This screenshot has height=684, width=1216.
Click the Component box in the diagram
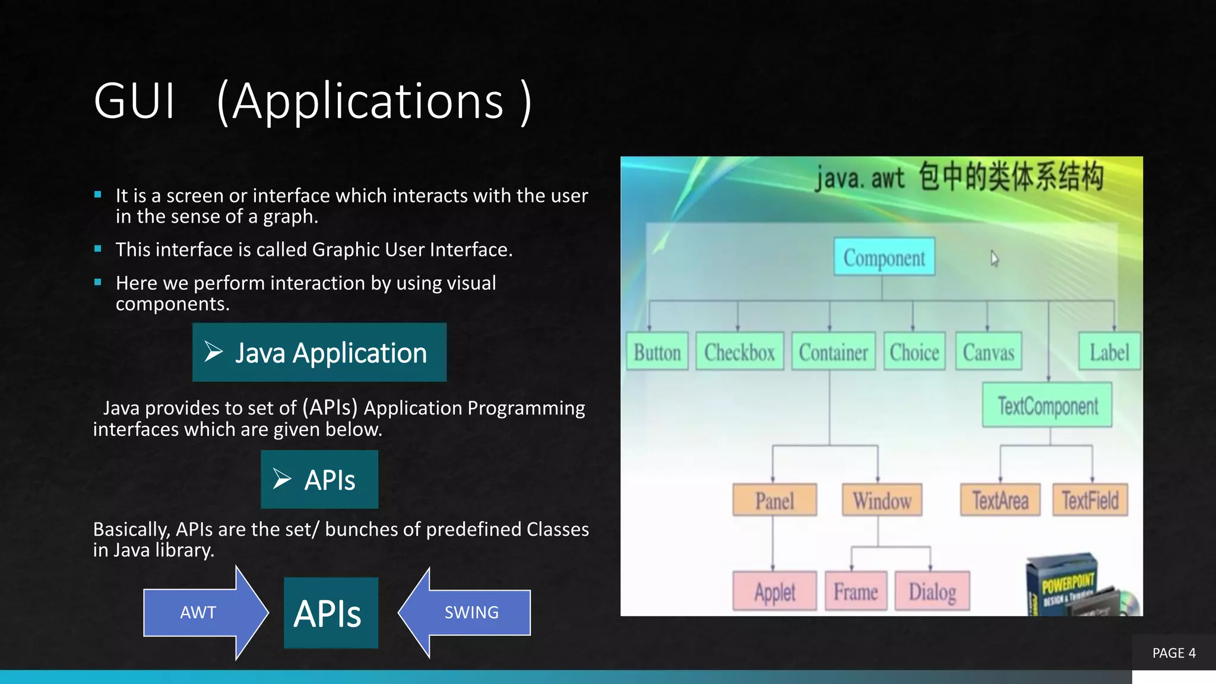[884, 257]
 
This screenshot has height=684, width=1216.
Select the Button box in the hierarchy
[657, 351]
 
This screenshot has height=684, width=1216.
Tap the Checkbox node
[739, 351]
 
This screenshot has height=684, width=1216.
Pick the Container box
[833, 351]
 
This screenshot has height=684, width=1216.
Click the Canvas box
[988, 351]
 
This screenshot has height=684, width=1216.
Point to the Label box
[1109, 351]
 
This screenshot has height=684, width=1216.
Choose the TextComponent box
[1047, 406]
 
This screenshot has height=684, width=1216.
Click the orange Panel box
[774, 500]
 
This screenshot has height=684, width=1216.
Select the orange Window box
[882, 500]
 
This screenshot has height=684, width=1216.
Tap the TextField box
[1090, 500]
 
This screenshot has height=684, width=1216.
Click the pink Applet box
[774, 591]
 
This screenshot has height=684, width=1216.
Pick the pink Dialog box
[932, 591]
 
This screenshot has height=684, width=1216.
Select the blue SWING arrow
[469, 613]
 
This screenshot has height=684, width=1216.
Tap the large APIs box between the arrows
[331, 613]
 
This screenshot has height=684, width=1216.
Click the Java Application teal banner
[319, 353]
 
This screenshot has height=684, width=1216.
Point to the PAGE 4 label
[1174, 653]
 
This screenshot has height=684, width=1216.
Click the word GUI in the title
[135, 101]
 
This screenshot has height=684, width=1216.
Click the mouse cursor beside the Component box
[995, 259]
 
